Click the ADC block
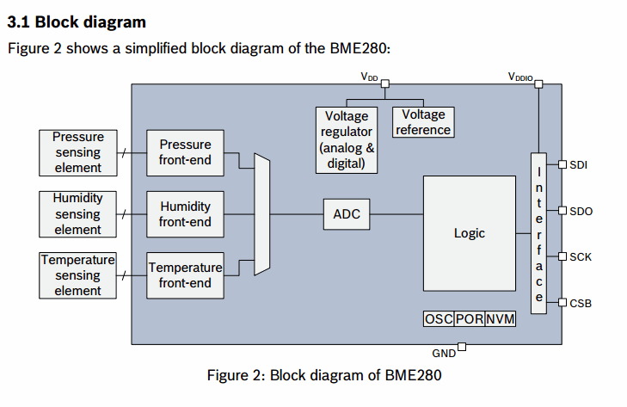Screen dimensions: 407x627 pos(347,214)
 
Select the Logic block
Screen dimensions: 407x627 pos(470,233)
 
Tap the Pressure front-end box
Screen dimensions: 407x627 pos(185,152)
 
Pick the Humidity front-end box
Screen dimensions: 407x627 pos(185,214)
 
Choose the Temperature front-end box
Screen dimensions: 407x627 pos(185,275)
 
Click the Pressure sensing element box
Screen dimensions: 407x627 pos(78,152)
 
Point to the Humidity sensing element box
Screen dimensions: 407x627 pos(78,214)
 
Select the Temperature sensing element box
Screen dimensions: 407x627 pos(78,275)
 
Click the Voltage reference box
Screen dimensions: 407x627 pos(423,122)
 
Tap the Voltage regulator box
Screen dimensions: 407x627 pos(347,139)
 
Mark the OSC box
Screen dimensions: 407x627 pos(438,318)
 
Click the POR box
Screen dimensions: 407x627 pos(468,318)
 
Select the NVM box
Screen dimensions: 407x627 pos(500,318)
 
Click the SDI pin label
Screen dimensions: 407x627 pos(578,163)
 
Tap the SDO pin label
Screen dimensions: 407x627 pos(580,210)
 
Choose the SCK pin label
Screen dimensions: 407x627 pos(580,256)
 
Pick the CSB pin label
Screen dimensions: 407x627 pos(580,303)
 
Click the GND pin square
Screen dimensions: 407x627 pos(462,347)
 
